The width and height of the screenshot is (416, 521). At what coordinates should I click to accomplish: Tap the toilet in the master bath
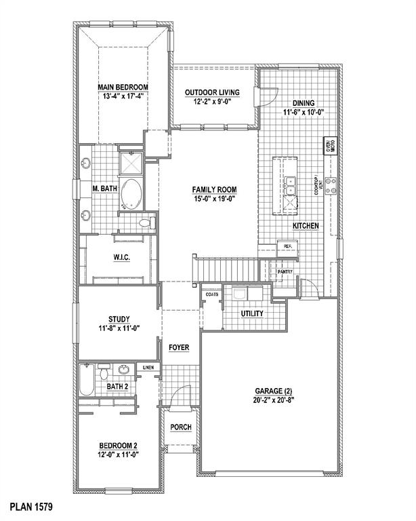144,222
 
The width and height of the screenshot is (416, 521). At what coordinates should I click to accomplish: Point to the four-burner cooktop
331,186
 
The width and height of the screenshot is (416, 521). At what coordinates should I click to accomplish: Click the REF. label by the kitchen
288,246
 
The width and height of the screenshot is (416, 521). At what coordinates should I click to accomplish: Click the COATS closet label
211,294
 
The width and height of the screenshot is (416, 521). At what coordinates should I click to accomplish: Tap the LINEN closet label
148,368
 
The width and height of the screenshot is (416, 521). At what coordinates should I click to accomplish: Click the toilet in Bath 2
103,372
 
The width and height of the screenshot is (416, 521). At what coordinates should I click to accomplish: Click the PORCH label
181,427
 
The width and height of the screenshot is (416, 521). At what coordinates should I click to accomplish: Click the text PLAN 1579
31,506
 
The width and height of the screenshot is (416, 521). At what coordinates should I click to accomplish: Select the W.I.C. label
122,257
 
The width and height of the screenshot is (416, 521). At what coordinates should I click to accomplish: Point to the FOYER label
179,347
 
